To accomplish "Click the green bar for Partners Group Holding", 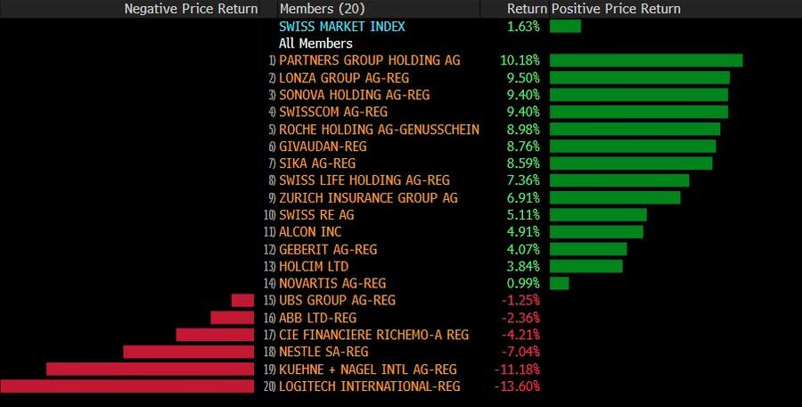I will click(x=646, y=61).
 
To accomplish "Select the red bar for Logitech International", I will click(x=127, y=386).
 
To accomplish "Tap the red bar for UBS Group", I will click(x=242, y=301).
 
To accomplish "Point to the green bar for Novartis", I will click(x=560, y=283).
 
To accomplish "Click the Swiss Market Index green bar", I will click(x=565, y=26).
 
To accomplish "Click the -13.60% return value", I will click(x=517, y=386).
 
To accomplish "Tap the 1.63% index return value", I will click(x=523, y=26).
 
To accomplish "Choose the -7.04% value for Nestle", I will click(x=520, y=352).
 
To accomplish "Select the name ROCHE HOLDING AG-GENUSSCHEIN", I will click(x=379, y=129).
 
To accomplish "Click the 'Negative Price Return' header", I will click(x=191, y=9).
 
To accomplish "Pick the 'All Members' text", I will click(x=315, y=43).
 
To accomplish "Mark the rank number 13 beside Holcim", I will click(x=269, y=267).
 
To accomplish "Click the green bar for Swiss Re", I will click(x=598, y=215).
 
